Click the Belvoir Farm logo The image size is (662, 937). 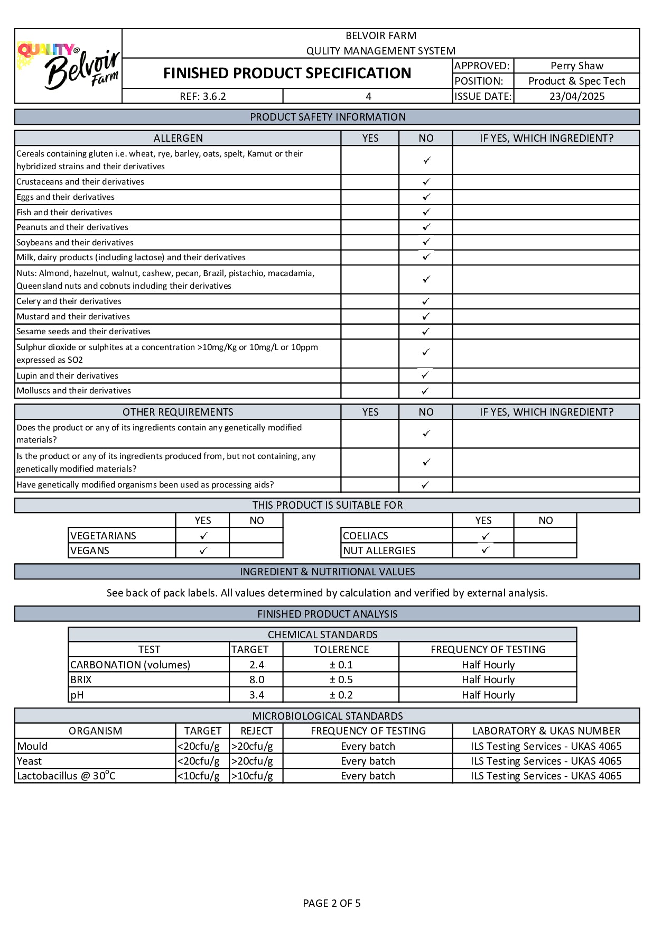69,66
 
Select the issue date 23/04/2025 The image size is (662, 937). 576,96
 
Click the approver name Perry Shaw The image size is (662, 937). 576,66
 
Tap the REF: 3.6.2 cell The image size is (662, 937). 203,96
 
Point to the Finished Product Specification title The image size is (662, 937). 287,73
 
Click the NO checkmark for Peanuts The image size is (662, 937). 426,227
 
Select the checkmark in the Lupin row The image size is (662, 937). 425,375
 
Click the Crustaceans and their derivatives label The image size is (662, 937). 80,182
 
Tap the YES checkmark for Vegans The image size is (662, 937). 203,550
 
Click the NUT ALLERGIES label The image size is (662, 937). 379,550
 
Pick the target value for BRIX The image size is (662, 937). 257,679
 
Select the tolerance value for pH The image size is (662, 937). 341,695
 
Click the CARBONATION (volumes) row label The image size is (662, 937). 130,665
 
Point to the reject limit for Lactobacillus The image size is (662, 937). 253,776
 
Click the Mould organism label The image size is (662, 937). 33,746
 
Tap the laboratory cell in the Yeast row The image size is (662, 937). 546,761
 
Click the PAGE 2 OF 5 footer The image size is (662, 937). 331,903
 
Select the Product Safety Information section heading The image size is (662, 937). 328,117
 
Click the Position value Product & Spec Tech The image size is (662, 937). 576,81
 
